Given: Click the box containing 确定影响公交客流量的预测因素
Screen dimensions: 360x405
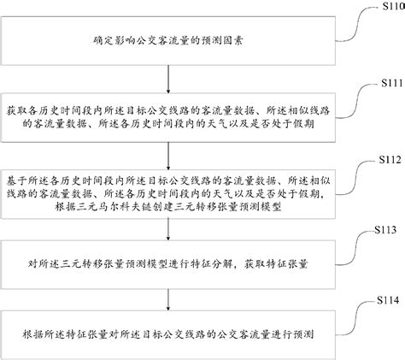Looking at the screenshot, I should click(173, 39).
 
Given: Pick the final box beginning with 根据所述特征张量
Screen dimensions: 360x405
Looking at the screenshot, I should click(173, 329).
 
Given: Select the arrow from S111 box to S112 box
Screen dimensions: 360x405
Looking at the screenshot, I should click(173, 150).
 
